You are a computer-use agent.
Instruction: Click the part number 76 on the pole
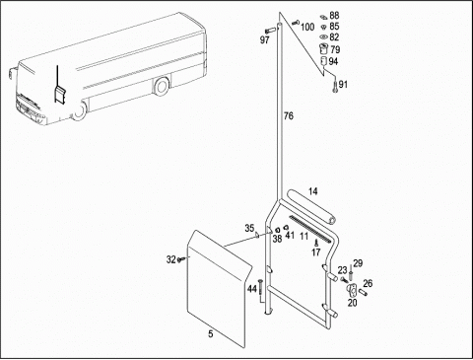coord(289,116)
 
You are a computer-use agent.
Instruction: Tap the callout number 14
coord(313,191)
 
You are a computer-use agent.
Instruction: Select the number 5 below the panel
coord(211,334)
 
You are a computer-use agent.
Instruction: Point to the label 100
coord(307,27)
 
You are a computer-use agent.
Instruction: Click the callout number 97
coord(265,40)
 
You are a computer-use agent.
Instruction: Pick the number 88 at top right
coord(334,15)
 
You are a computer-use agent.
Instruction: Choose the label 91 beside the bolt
coord(343,85)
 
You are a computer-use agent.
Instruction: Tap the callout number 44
coord(252,289)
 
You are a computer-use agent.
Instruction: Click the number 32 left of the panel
coord(171,259)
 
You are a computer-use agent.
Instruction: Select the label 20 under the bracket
coord(353,303)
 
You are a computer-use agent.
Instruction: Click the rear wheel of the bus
coord(161,86)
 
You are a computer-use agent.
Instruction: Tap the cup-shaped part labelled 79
coord(323,48)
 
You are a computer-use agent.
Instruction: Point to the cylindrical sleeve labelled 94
coord(324,61)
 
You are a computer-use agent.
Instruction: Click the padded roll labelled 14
coord(310,207)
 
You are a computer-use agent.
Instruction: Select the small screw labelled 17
coord(316,243)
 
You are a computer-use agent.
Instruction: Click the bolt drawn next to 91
coord(335,87)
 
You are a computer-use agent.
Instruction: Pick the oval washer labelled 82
coord(323,36)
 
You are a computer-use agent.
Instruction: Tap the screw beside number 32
coord(180,259)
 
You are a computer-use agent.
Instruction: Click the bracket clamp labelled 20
coord(351,289)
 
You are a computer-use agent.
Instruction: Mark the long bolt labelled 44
coord(260,287)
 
